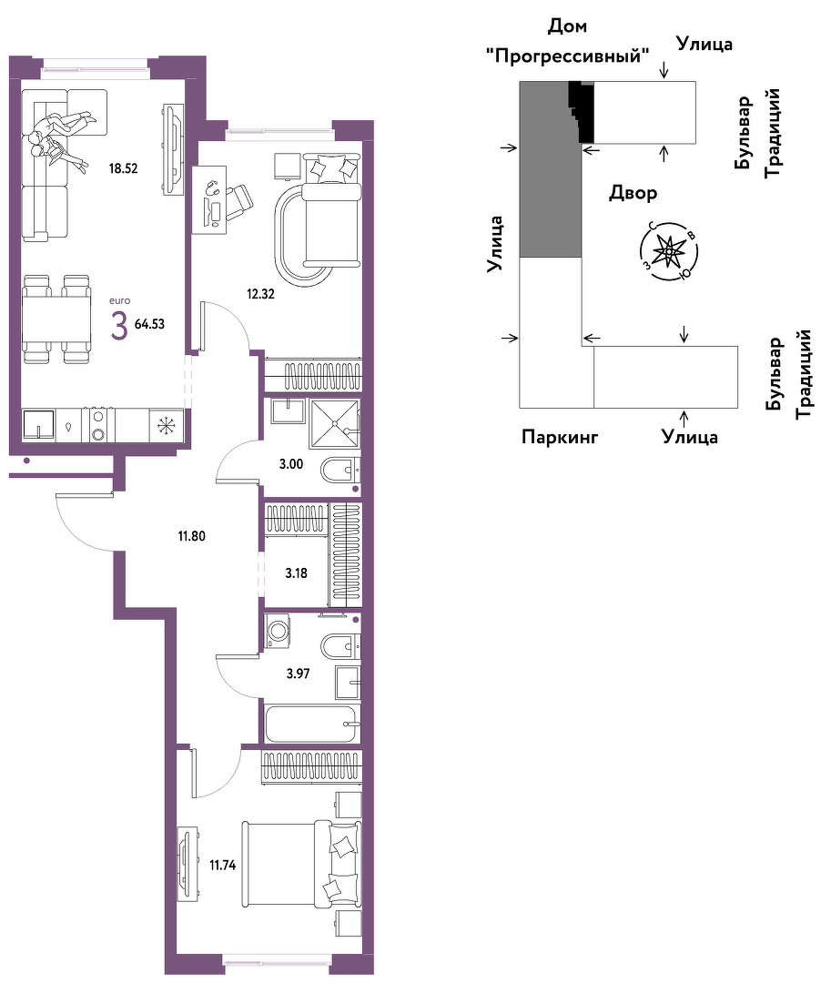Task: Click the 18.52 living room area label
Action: coord(123,168)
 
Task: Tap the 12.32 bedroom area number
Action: coord(260,293)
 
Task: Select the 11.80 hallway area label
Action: coord(191,536)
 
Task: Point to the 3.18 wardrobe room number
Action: coord(296,573)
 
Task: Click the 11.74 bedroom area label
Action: coord(222,866)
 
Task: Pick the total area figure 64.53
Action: coord(150,324)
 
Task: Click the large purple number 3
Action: coord(119,326)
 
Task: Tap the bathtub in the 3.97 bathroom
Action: coord(313,725)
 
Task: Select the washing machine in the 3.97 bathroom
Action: coord(277,631)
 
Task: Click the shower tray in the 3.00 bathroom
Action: coord(335,424)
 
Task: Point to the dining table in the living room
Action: coord(57,319)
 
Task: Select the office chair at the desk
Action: coord(238,202)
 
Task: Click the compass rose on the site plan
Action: coord(669,251)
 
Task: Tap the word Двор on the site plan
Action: coord(633,193)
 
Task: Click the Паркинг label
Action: coord(560,436)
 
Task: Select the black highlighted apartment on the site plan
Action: coord(583,112)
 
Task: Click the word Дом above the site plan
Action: coord(567,26)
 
